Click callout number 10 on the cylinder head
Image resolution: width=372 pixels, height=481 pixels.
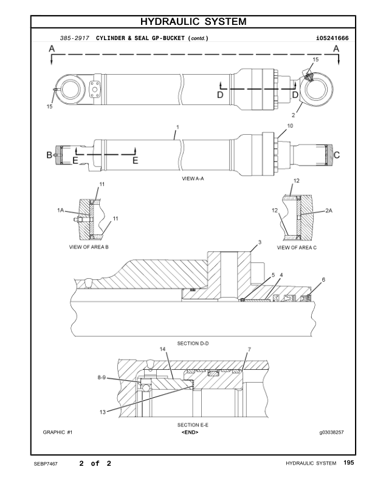(290, 126)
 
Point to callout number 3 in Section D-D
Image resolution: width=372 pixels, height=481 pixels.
(260, 242)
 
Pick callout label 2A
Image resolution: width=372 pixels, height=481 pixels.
(329, 210)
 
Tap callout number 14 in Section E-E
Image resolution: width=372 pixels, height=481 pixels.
(162, 349)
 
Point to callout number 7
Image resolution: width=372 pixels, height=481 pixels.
(249, 350)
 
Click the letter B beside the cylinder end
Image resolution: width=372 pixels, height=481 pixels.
(49, 155)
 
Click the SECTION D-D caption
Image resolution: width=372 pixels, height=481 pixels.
(194, 344)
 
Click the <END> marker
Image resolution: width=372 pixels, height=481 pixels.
(190, 432)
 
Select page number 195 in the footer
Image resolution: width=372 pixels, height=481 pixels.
(348, 463)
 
